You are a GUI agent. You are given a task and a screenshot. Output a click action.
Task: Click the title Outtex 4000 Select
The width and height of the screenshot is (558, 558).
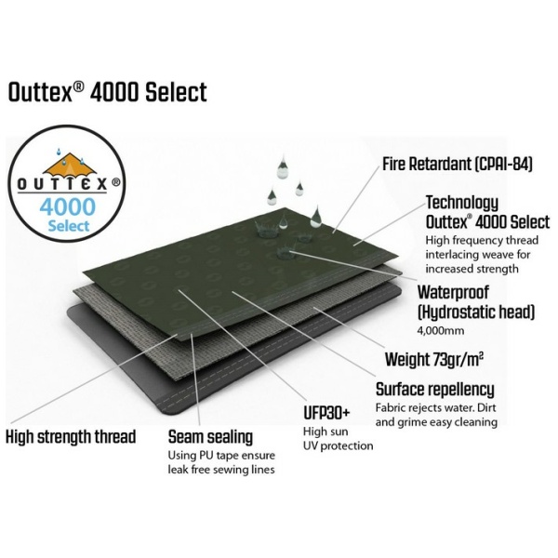(108, 92)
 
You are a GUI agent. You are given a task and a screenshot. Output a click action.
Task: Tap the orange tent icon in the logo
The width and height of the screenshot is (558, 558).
(71, 165)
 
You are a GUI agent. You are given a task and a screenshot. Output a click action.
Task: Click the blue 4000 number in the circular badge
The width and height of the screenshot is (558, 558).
(68, 207)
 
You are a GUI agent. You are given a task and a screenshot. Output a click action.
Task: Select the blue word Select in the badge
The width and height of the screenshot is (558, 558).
(68, 226)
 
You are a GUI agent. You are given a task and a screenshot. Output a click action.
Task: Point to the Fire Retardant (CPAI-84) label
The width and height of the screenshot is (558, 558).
(458, 164)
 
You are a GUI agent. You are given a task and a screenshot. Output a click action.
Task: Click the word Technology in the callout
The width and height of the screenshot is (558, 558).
(462, 203)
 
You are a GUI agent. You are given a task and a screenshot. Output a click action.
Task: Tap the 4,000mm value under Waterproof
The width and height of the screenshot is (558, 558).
(441, 331)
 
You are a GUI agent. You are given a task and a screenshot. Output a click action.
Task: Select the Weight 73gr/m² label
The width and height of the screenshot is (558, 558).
(434, 359)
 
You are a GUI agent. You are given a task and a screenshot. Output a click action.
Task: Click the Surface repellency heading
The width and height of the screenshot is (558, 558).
(435, 390)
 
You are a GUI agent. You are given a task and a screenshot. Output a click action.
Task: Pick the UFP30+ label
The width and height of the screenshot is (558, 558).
(326, 413)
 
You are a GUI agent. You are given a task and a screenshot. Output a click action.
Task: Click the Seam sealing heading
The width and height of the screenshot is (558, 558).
(210, 437)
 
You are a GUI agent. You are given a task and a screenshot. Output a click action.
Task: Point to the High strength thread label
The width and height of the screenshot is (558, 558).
(71, 437)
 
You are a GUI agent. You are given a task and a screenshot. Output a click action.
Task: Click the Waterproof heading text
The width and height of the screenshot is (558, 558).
(453, 293)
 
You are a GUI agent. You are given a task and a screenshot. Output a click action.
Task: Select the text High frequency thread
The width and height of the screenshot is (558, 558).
(482, 241)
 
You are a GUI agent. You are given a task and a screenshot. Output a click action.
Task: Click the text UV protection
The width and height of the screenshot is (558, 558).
(339, 445)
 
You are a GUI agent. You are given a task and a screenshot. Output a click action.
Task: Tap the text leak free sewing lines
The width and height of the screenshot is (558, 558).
(221, 470)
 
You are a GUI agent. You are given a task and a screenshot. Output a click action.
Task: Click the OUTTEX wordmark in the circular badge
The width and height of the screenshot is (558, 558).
(63, 184)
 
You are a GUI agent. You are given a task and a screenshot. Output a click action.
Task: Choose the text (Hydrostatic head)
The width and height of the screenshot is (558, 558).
(476, 312)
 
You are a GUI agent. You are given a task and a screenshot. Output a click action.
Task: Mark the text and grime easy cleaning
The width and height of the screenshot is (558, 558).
(436, 422)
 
